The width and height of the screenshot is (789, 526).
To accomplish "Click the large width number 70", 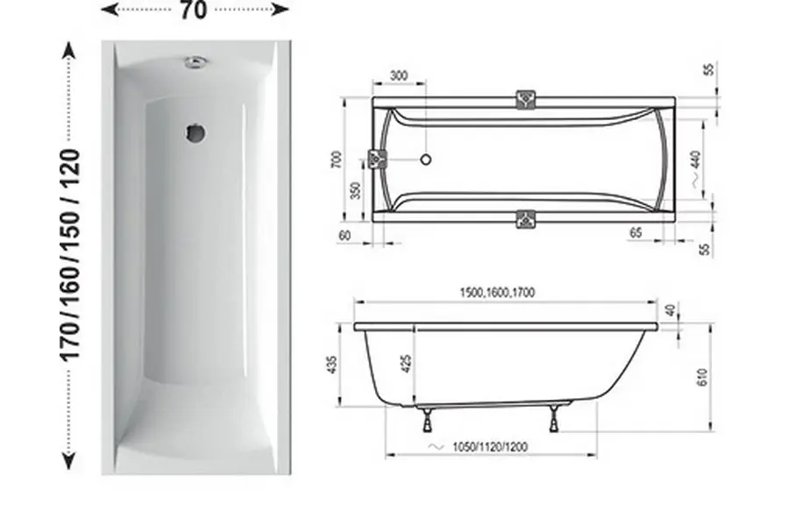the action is coord(194,10).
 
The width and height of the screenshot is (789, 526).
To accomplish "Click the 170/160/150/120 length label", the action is coord(70,255).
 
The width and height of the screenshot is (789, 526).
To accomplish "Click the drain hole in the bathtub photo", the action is coord(195,133).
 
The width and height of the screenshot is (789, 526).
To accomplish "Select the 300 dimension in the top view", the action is coord(399,76).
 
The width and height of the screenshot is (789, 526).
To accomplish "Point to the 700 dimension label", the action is coord(338,159).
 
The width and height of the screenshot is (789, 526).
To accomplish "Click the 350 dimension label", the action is coord(355,190).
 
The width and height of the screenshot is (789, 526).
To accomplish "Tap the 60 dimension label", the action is coord(345,236).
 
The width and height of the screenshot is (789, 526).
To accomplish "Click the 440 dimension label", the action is coord(695,160).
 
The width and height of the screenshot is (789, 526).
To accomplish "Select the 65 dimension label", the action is coord(636,232).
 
